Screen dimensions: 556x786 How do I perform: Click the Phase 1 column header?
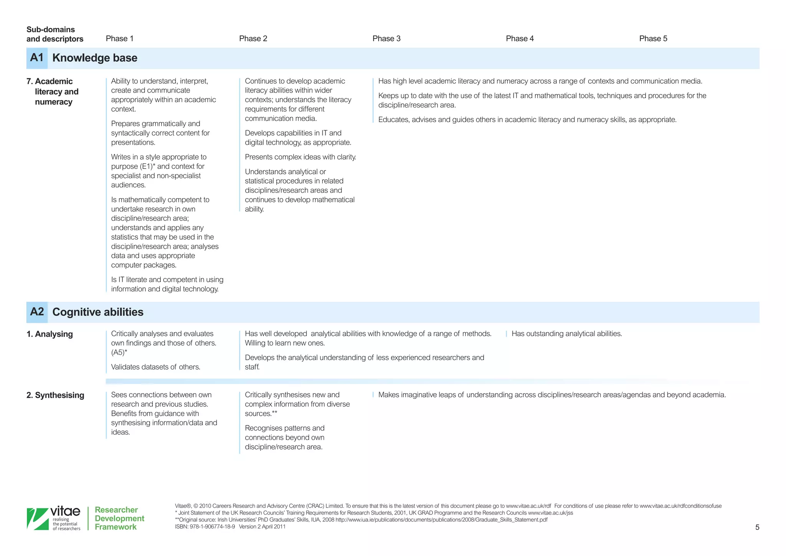(119, 38)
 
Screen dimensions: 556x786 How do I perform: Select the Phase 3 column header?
(386, 38)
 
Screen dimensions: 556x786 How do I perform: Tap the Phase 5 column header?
(653, 38)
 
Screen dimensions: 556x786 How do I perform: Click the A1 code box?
(37, 58)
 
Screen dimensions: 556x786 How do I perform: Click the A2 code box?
(37, 312)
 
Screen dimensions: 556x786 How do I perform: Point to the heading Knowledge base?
(95, 58)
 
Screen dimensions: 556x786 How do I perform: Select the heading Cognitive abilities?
(98, 312)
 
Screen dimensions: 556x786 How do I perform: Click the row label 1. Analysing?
(50, 334)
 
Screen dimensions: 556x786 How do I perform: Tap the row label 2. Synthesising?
(55, 395)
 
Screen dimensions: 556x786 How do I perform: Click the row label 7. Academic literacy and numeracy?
(53, 92)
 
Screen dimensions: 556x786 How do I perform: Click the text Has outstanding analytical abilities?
(566, 334)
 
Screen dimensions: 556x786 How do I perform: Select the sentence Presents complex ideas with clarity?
(300, 157)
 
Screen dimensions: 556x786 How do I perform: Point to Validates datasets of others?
(155, 367)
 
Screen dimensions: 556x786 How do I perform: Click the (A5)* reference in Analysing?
(119, 352)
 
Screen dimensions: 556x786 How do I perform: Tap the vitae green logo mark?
(37, 519)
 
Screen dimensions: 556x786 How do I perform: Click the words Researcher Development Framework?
(119, 518)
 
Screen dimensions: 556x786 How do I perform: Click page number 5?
(757, 527)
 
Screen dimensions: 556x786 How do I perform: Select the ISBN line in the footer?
(230, 527)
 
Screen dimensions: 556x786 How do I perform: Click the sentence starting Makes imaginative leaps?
(552, 395)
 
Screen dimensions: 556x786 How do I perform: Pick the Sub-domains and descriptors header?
(54, 34)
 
